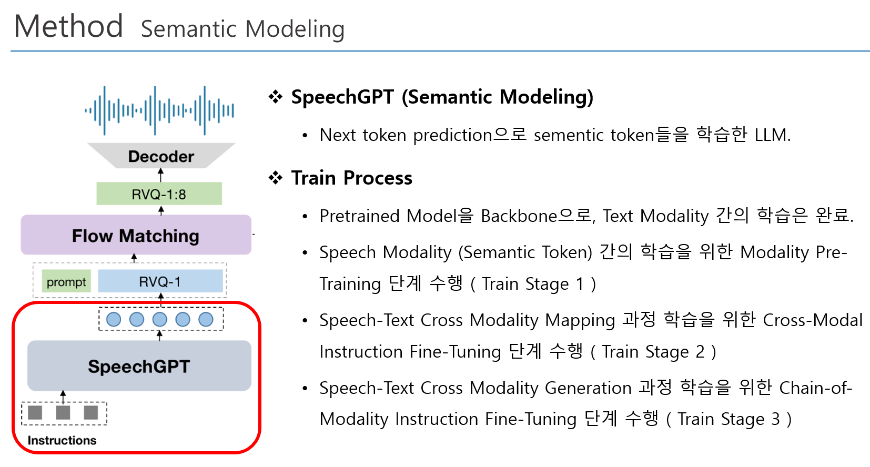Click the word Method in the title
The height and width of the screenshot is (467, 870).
[x=68, y=26]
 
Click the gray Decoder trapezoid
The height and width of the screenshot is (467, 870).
[x=161, y=155]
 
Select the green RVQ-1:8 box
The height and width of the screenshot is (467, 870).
[x=159, y=194]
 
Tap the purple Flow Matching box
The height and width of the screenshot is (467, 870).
[x=136, y=235]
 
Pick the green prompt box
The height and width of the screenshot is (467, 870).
[x=66, y=281]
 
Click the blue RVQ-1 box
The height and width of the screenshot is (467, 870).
[x=160, y=281]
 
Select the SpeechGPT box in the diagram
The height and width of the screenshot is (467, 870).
[x=139, y=366]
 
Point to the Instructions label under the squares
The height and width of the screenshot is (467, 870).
[x=62, y=440]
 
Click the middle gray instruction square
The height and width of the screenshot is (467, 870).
[x=63, y=412]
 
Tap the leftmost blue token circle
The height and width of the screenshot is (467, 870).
[x=114, y=320]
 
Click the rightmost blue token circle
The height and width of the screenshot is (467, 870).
[x=206, y=320]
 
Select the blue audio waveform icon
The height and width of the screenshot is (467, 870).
[x=159, y=110]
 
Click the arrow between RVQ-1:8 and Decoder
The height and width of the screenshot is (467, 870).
[x=161, y=175]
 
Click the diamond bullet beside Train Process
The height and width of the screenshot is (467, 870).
[x=276, y=178]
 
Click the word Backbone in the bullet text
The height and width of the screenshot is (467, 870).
[x=519, y=216]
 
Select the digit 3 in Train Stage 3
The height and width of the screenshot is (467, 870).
[x=775, y=419]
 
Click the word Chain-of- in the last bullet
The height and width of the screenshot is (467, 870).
[x=816, y=388]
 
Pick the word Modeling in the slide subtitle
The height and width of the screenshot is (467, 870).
[x=295, y=29]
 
